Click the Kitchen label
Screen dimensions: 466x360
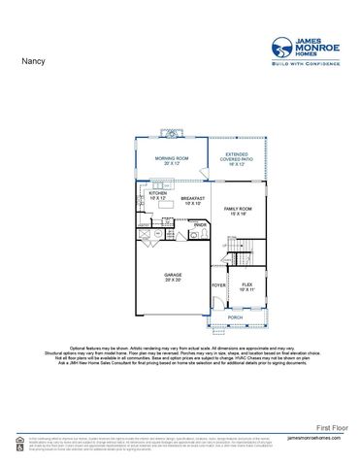pos(158,195)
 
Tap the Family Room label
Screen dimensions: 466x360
pos(238,212)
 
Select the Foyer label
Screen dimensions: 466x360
pos(218,285)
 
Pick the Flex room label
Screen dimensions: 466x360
pos(247,286)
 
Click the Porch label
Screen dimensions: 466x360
pos(235,317)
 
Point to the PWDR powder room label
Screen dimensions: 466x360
pos(200,225)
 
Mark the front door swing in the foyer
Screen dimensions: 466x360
pos(216,303)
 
